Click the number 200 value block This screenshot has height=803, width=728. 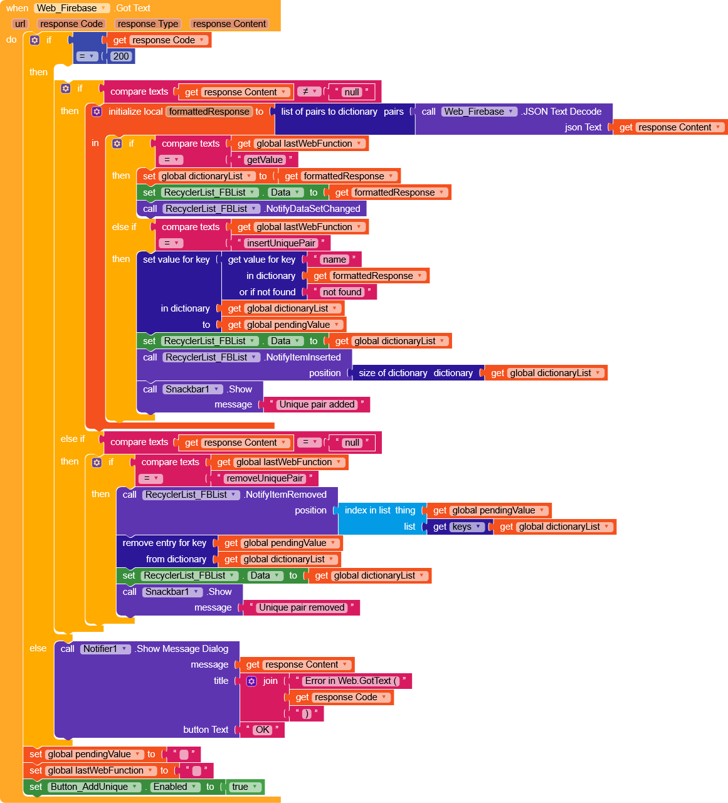coord(121,56)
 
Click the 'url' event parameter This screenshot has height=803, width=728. coord(20,24)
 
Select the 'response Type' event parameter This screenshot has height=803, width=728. coord(148,24)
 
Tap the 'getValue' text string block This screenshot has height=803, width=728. coord(264,160)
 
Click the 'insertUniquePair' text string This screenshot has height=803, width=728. coord(281,243)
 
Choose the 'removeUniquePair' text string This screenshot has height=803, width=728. coord(265,478)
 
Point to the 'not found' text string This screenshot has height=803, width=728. coord(342,292)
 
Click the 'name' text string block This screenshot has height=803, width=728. coord(334,260)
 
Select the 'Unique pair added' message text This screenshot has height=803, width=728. coord(317,404)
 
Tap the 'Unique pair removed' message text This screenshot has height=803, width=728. coord(302,607)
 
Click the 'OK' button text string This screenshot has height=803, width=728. coord(262,730)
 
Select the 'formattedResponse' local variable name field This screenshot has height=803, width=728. coord(209,112)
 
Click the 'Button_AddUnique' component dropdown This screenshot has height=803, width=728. coord(95,787)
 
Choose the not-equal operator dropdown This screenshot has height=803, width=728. coord(309,92)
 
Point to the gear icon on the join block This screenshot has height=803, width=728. coord(251,681)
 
